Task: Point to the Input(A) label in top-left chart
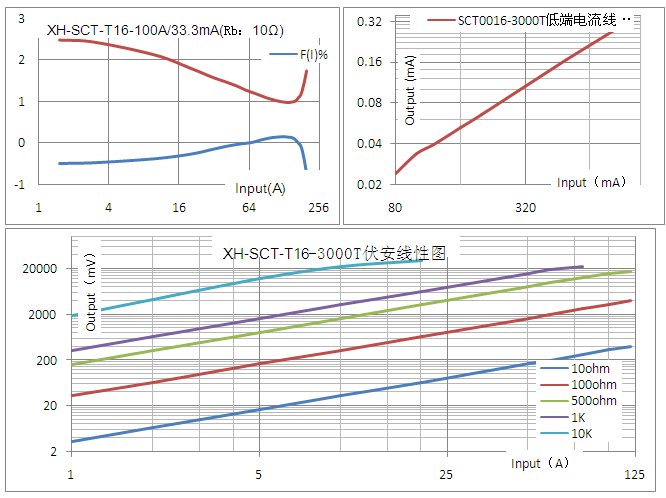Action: pos(261,188)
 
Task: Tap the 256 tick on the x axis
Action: pos(318,208)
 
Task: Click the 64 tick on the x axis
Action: pos(249,208)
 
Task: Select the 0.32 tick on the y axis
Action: pos(370,21)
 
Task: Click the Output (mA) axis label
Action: pos(410,91)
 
